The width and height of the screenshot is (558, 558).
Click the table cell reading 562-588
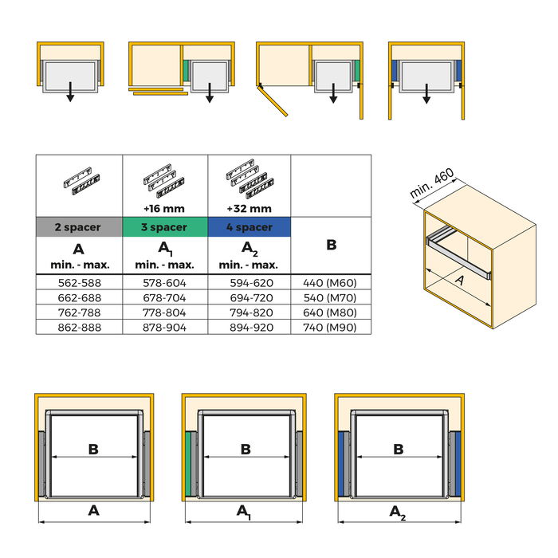[x=78, y=281]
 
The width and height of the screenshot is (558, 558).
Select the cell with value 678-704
[x=164, y=297]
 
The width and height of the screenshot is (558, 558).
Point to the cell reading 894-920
[x=250, y=327]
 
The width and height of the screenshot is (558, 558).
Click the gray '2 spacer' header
[x=78, y=227]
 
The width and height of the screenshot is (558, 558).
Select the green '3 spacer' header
[x=164, y=227]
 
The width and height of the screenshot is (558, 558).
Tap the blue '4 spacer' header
[x=250, y=227]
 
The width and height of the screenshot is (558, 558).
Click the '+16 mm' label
[x=164, y=209]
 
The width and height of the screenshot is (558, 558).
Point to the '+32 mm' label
[x=250, y=209]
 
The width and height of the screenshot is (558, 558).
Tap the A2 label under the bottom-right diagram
[x=396, y=513]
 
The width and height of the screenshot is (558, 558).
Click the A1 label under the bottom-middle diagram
[x=245, y=513]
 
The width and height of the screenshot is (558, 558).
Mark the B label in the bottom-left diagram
[x=93, y=450]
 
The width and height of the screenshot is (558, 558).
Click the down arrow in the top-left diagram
[x=70, y=92]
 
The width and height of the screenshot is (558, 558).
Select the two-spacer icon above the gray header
[x=78, y=181]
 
